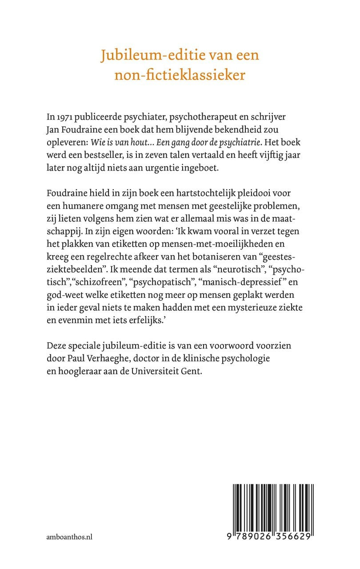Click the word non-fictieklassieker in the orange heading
coord(180,75)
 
